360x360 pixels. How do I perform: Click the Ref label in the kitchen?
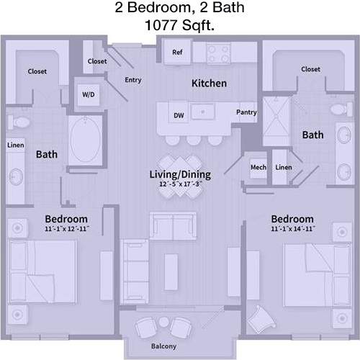tap(177, 52)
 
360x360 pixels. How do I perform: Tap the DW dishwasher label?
tap(179, 115)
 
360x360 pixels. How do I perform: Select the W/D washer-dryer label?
tap(89, 94)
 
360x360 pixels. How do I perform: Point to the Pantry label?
tap(246, 112)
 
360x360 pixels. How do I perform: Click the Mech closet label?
tap(258, 167)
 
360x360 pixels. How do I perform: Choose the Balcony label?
tap(163, 346)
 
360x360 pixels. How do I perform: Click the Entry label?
tap(133, 80)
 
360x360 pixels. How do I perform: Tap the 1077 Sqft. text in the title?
tap(179, 25)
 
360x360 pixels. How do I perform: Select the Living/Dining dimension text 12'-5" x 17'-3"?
tap(181, 184)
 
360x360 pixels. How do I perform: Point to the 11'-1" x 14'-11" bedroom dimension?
tap(293, 229)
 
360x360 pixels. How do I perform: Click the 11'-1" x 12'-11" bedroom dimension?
tap(67, 229)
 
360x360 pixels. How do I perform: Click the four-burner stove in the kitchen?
tap(218, 53)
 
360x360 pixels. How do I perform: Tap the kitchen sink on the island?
tap(203, 112)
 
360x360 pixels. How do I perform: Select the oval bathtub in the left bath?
tap(86, 140)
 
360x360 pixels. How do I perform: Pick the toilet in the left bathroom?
tap(19, 122)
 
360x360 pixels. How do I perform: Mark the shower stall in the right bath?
tap(276, 121)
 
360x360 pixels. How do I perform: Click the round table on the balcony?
tap(163, 322)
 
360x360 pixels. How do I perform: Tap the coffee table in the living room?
tap(171, 272)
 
